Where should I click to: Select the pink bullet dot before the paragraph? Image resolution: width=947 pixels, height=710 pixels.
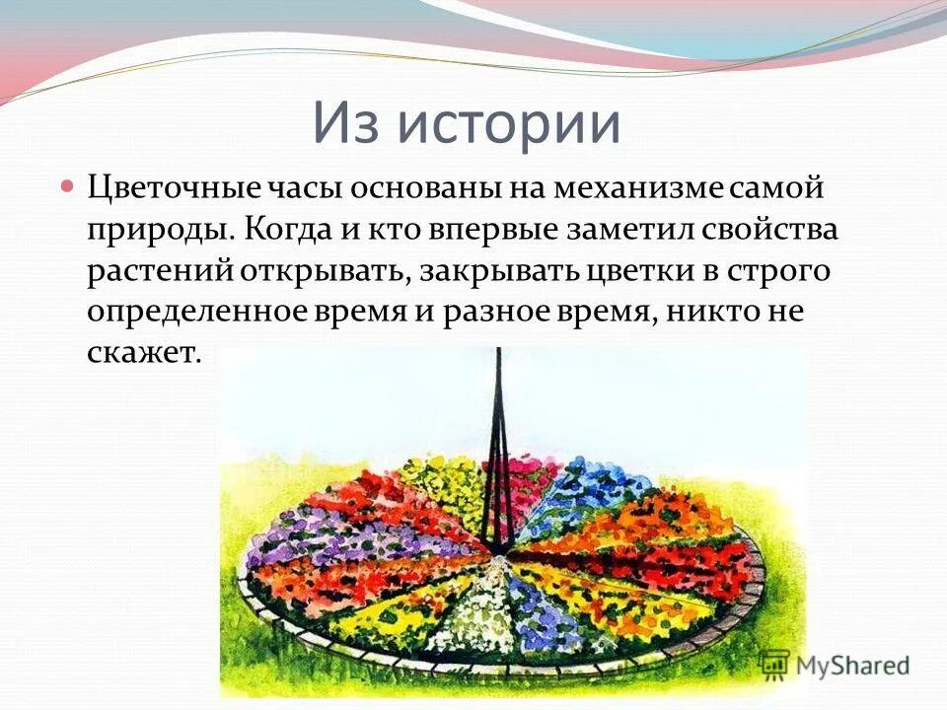coord(68,184)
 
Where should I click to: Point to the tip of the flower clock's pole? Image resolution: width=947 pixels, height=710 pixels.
coord(499,350)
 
